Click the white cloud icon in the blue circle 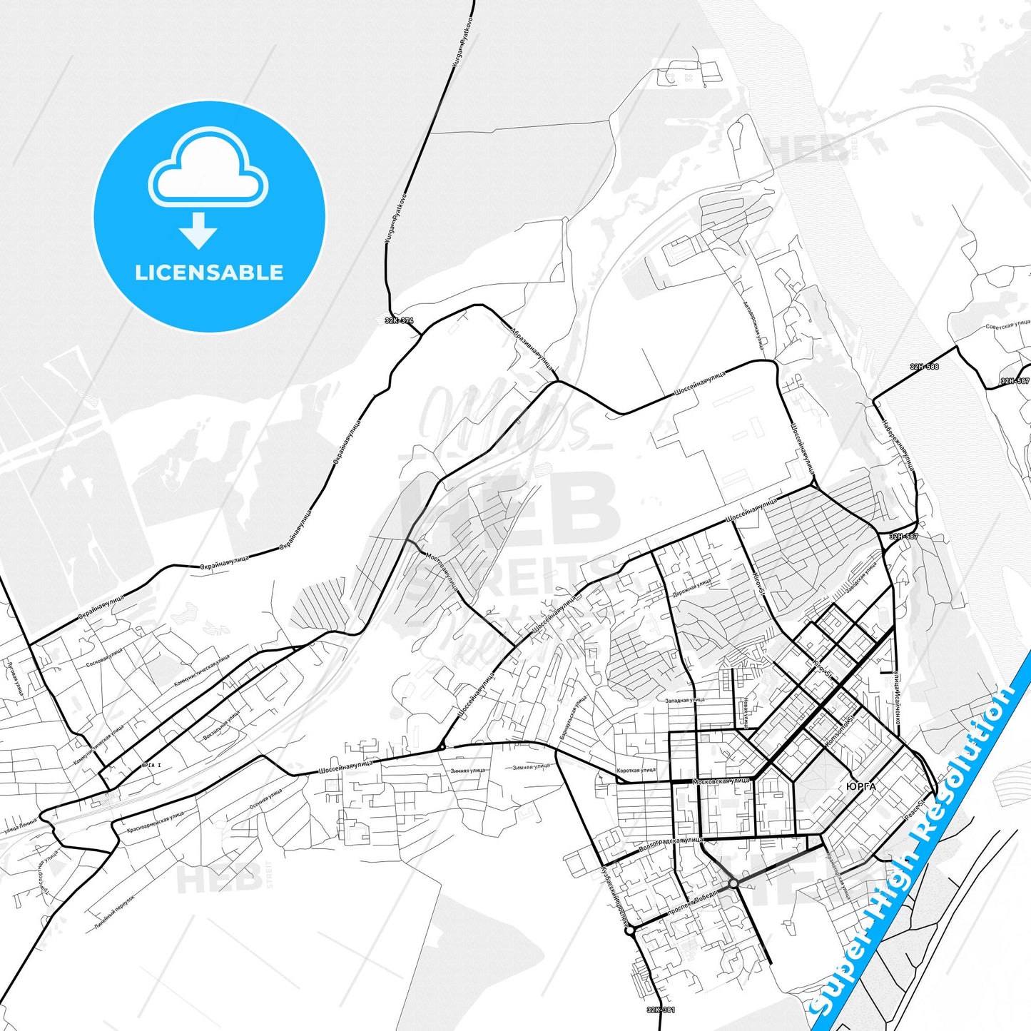pyautogui.click(x=208, y=170)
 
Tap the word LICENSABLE pyautogui.click(x=209, y=273)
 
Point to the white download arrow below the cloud pyautogui.click(x=198, y=230)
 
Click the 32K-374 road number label pyautogui.click(x=399, y=320)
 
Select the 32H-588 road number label pyautogui.click(x=924, y=367)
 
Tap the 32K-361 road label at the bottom pyautogui.click(x=661, y=1010)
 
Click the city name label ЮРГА pyautogui.click(x=860, y=786)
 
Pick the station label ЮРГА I pyautogui.click(x=152, y=765)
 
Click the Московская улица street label pyautogui.click(x=721, y=781)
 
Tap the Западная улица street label pyautogui.click(x=685, y=701)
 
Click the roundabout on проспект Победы pyautogui.click(x=733, y=883)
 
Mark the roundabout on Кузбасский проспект pyautogui.click(x=629, y=930)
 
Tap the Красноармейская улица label pyautogui.click(x=155, y=823)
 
